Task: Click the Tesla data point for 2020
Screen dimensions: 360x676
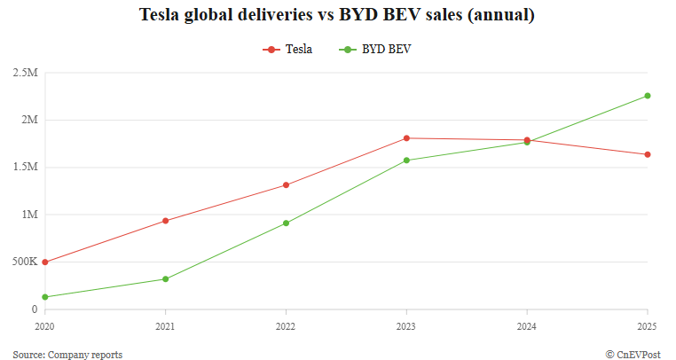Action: [x=44, y=262]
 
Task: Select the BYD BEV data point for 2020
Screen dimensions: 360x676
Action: [x=44, y=297]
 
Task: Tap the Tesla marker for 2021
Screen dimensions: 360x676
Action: [x=165, y=221]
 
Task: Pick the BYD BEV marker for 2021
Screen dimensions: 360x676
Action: [x=165, y=279]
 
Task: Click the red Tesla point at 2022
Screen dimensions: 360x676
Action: [x=286, y=185]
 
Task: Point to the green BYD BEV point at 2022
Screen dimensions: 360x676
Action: [x=286, y=223]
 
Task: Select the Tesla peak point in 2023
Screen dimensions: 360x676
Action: [x=406, y=138]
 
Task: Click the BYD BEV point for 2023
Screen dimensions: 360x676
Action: [x=406, y=160]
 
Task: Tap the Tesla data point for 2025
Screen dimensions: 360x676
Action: [x=648, y=154]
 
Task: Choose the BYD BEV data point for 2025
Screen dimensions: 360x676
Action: [x=648, y=96]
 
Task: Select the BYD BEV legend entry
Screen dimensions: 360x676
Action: [x=376, y=50]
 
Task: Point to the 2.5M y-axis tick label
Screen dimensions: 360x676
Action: [x=25, y=73]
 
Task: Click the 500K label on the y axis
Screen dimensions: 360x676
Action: [x=24, y=262]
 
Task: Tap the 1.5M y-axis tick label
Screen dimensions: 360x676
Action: [x=25, y=168]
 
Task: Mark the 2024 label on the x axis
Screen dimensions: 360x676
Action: [x=527, y=326]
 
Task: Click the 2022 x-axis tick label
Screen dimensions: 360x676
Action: [x=286, y=326]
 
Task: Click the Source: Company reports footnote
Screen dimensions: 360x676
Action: [x=67, y=355]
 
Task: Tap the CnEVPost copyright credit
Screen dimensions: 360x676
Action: [x=633, y=355]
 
